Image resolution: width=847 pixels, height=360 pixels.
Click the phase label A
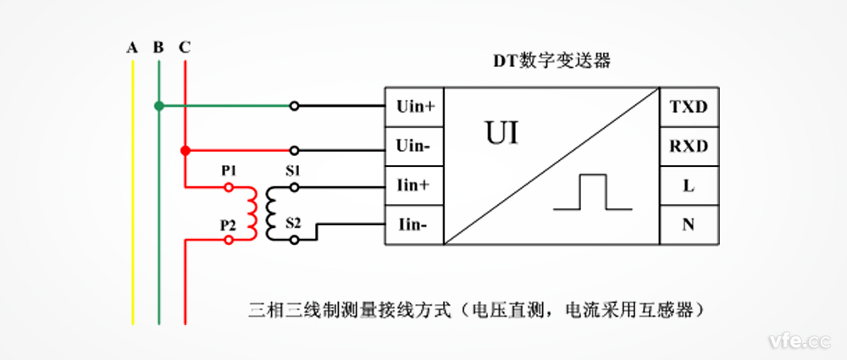point(132,47)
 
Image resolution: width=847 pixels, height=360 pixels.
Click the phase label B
point(158,47)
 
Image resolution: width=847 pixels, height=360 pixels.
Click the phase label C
point(185,47)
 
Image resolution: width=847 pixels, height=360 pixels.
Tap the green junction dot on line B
point(158,106)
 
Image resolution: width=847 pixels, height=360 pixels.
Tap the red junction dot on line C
point(185,151)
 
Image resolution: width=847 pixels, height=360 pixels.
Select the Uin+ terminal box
point(415,107)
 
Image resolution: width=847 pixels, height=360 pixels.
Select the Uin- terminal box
point(415,147)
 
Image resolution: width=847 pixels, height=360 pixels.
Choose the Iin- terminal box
point(415,225)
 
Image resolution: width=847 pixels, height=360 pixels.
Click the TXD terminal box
point(689,107)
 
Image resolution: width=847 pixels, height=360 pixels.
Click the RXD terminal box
point(689,147)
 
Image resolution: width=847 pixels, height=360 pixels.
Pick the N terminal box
point(689,225)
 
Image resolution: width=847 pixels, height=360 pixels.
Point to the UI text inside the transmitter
point(501,134)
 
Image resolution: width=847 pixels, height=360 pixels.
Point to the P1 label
point(228,171)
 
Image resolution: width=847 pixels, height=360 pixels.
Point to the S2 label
point(292,224)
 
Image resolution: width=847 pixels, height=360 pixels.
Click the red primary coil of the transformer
point(252,213)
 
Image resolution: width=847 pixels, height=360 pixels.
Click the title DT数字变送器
point(552,62)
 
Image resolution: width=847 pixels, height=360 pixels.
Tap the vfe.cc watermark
point(796,341)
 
